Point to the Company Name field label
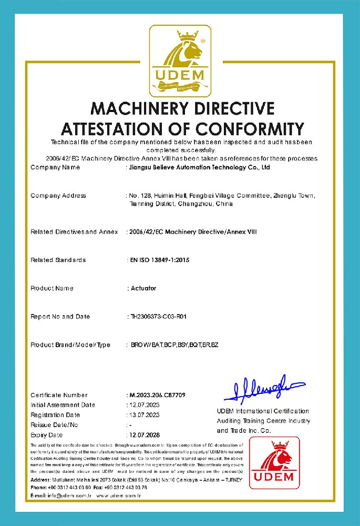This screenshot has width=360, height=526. tap(55, 168)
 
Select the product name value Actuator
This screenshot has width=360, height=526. tap(143, 288)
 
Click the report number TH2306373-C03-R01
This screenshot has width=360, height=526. tap(159, 317)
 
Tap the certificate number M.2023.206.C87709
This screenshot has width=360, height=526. tap(157, 395)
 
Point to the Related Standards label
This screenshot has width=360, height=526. tap(58, 260)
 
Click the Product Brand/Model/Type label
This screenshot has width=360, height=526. tap(70, 345)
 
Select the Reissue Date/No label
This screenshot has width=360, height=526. tap(54, 425)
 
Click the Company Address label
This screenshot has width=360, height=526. tap(58, 196)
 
